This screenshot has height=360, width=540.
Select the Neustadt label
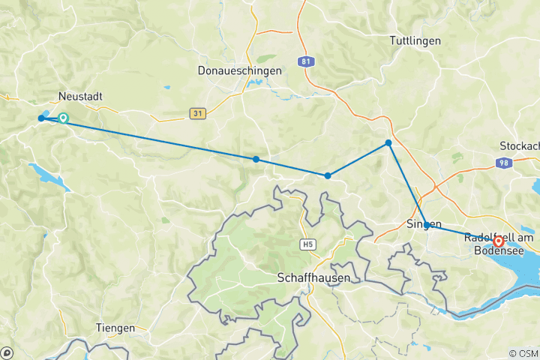point(80,97)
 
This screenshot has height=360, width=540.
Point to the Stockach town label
point(519,145)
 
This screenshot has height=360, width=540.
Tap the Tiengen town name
point(115,328)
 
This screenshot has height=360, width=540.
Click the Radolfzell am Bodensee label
point(499,243)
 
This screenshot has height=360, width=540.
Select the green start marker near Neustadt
point(64,118)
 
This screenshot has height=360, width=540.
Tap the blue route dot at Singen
point(427,225)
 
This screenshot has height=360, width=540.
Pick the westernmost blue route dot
point(41,118)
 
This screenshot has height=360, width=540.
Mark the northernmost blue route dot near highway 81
point(388,142)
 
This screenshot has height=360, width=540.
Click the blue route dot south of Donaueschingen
point(256,159)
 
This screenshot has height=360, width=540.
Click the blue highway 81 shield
point(304,62)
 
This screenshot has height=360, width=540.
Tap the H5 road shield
point(307,244)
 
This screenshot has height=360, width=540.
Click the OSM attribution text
point(522,353)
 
